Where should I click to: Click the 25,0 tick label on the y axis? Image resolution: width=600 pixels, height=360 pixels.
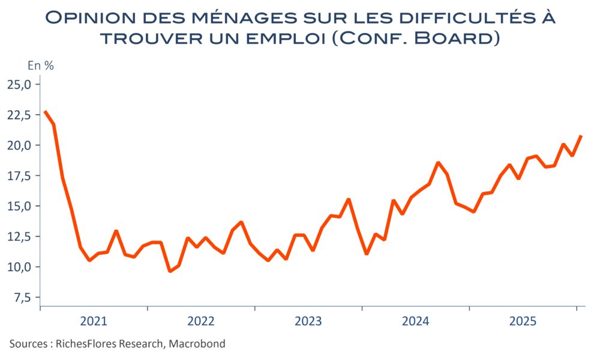pyautogui.click(x=19, y=85)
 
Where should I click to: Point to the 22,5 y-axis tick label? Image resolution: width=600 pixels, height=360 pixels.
pyautogui.click(x=19, y=115)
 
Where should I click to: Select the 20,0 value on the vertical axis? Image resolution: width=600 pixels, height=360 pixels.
pyautogui.click(x=19, y=145)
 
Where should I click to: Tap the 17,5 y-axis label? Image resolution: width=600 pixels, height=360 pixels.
pyautogui.click(x=19, y=176)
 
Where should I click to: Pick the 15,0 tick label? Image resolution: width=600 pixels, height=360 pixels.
pyautogui.click(x=19, y=206)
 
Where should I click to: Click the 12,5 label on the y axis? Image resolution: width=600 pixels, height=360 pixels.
pyautogui.click(x=19, y=236)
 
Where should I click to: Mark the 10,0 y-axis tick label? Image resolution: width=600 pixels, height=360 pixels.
pyautogui.click(x=19, y=267)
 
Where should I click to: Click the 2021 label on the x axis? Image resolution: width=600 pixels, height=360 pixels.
pyautogui.click(x=94, y=322)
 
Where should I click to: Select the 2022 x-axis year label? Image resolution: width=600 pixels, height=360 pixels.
pyautogui.click(x=201, y=322)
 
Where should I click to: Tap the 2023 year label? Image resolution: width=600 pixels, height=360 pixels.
pyautogui.click(x=308, y=322)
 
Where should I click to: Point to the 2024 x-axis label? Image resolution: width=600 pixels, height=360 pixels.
pyautogui.click(x=416, y=322)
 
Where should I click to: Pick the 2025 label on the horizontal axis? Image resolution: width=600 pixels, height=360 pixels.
pyautogui.click(x=523, y=322)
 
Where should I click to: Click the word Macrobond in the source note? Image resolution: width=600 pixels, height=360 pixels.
pyautogui.click(x=197, y=344)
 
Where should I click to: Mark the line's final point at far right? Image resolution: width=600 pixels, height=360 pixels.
pyautogui.click(x=581, y=136)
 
